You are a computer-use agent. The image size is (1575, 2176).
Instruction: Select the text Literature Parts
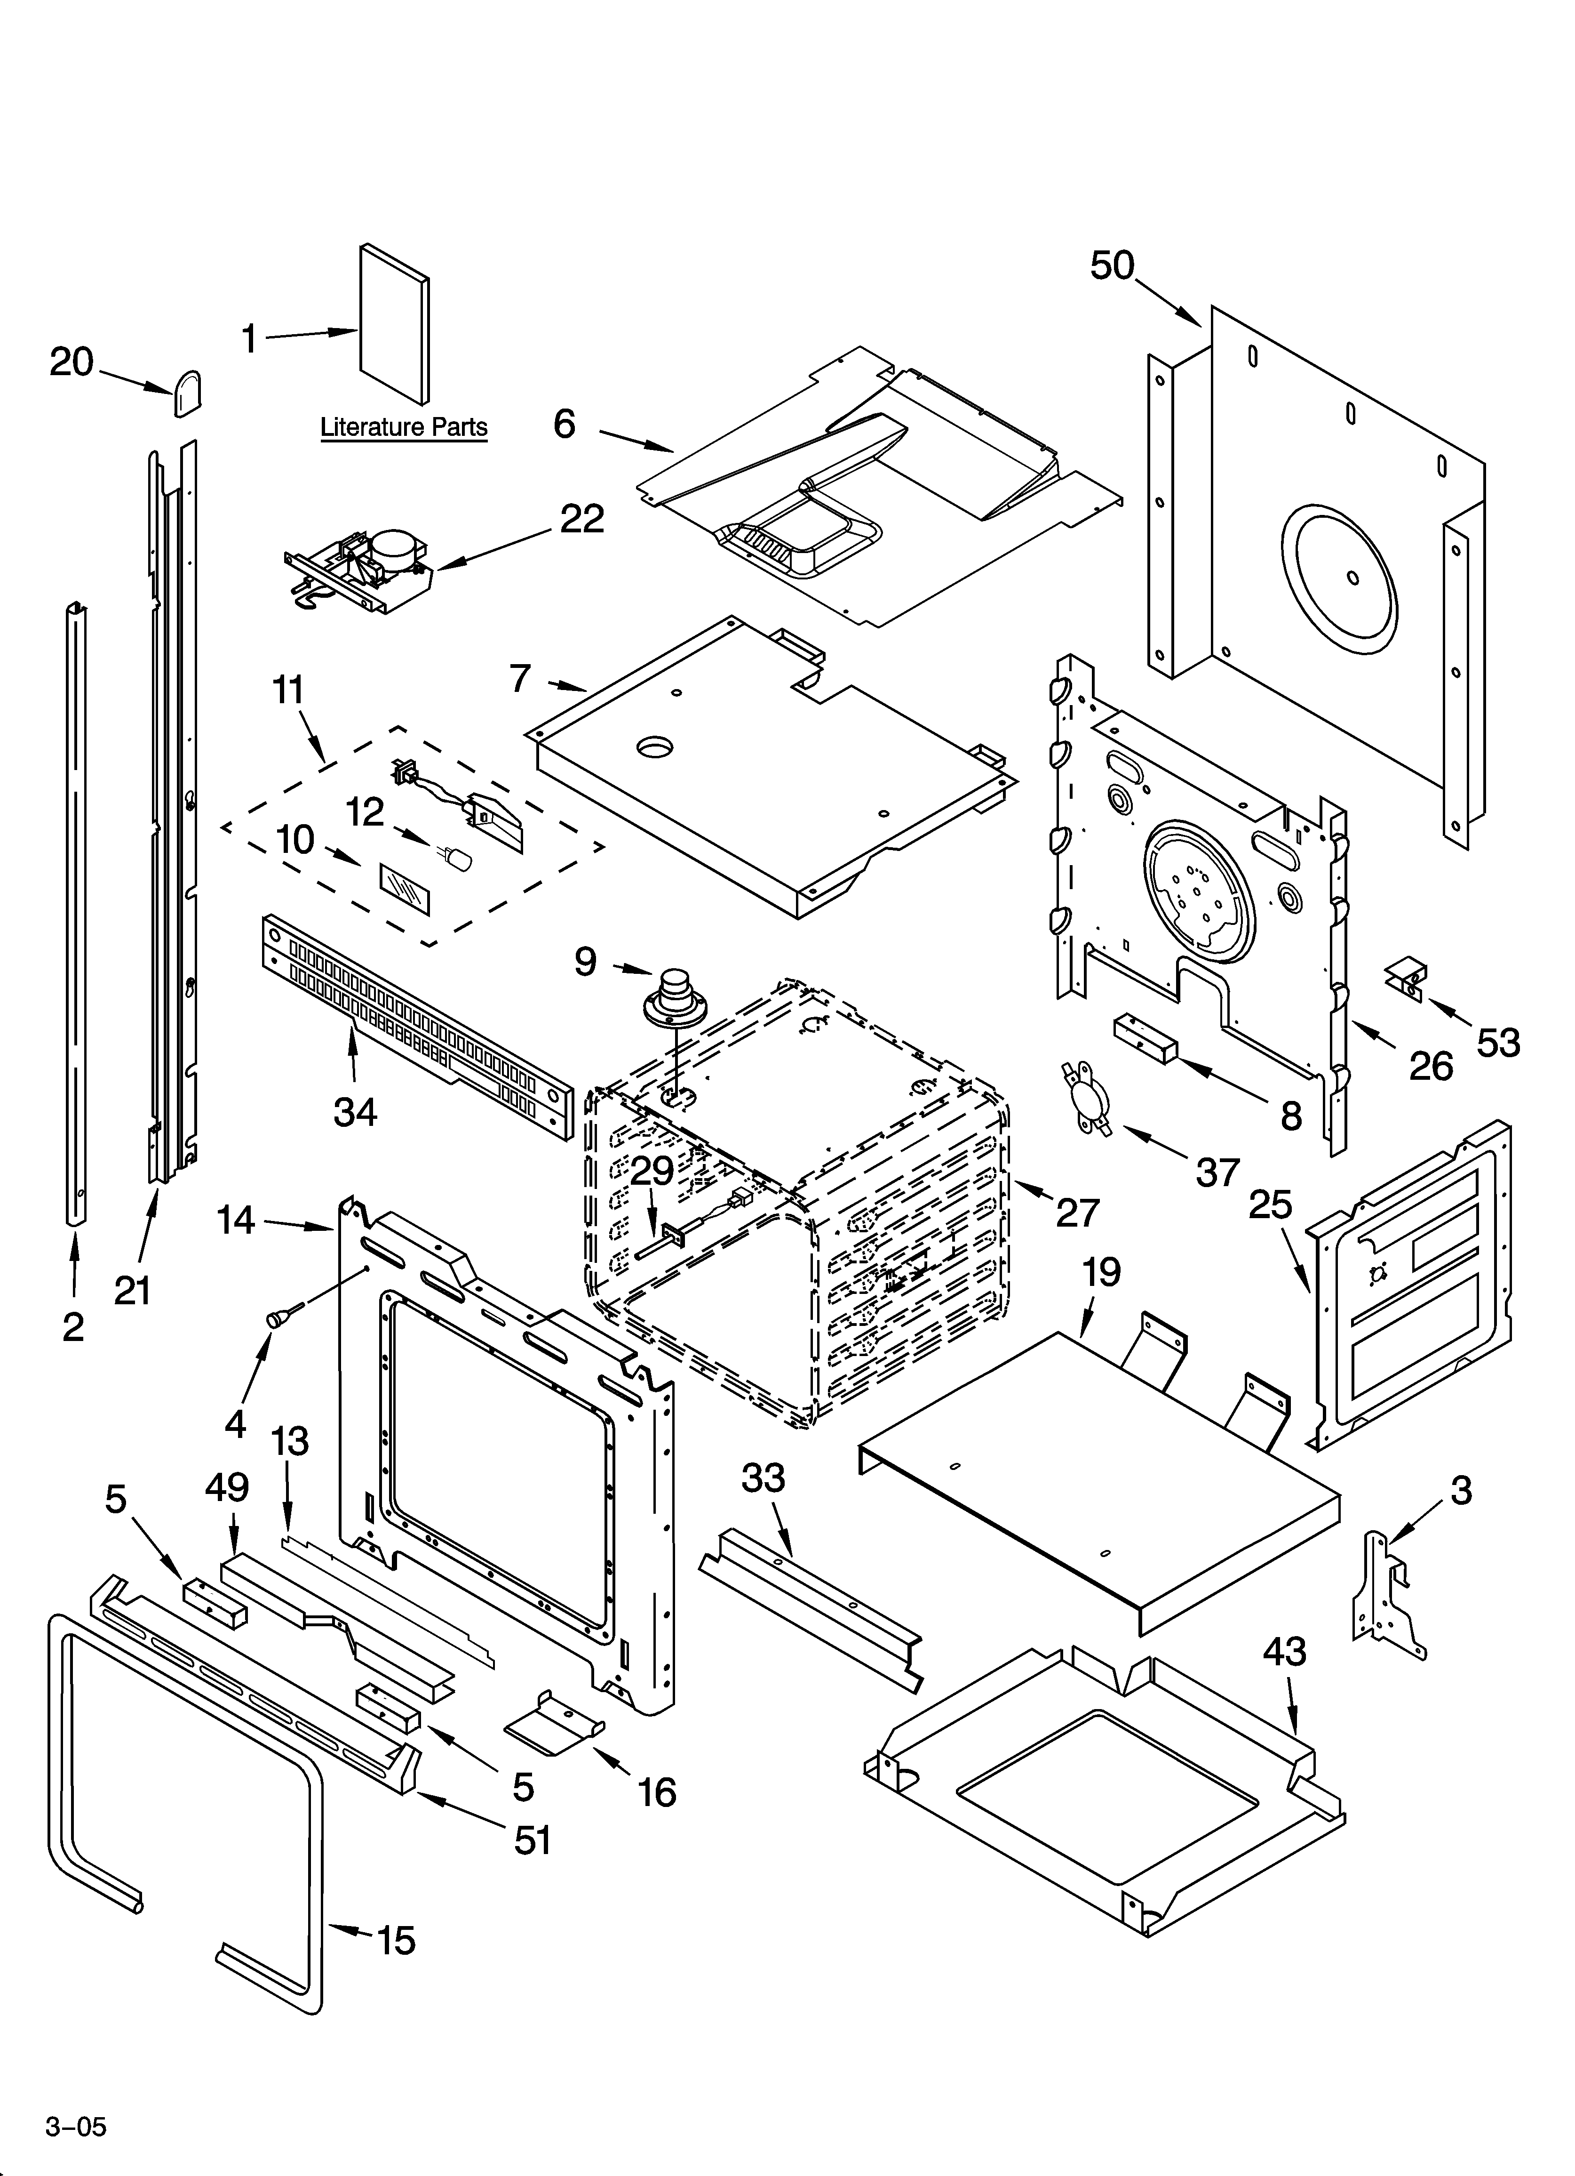point(404,427)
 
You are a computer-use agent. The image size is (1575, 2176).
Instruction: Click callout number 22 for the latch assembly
point(582,519)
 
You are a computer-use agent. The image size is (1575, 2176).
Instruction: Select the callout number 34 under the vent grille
point(355,1112)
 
